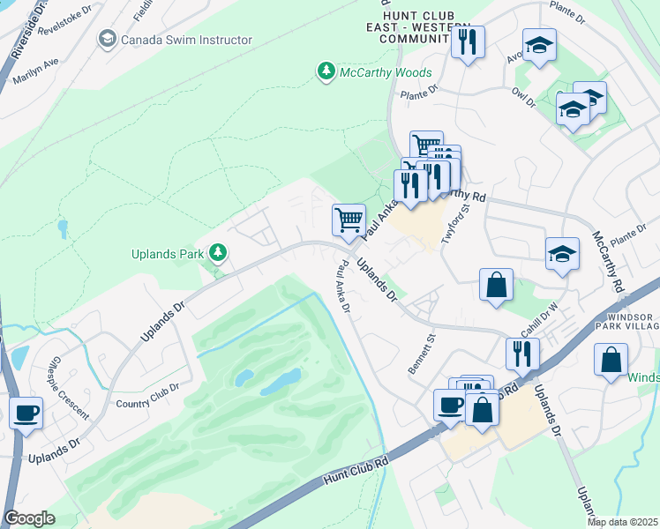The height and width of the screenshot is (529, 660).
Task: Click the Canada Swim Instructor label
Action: point(186,40)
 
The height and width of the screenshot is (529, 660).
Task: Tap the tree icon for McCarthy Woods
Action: point(326,71)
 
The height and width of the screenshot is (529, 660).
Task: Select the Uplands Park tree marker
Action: point(217,254)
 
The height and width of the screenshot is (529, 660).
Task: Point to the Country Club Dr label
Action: point(147,394)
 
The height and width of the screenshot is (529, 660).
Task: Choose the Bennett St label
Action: point(423,352)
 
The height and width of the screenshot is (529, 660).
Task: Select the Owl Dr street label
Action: point(523,97)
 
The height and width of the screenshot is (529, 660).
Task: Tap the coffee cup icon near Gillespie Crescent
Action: point(26,411)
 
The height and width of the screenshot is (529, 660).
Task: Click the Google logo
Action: point(29,518)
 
